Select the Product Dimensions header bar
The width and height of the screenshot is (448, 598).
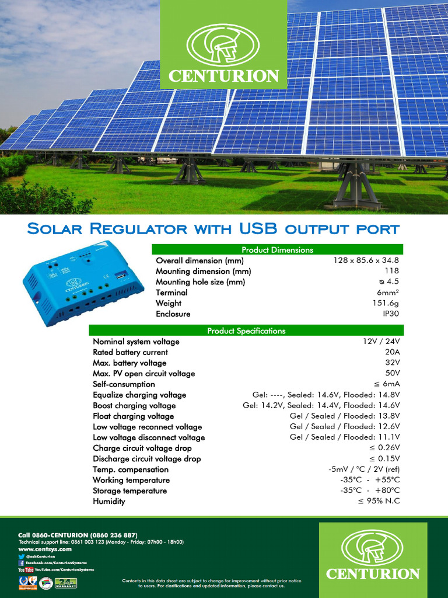277,249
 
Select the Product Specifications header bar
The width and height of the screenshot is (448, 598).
246,331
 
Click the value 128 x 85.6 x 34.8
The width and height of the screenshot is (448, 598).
366,260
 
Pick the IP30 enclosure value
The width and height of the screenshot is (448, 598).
390,314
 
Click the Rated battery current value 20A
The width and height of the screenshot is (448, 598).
392,352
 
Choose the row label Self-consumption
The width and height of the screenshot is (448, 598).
124,384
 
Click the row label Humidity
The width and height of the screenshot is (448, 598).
109,501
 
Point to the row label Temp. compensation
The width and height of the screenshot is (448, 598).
131,470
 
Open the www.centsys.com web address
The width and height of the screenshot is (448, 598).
45,549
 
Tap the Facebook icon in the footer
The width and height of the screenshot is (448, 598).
22,562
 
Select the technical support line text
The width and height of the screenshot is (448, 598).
101,542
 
